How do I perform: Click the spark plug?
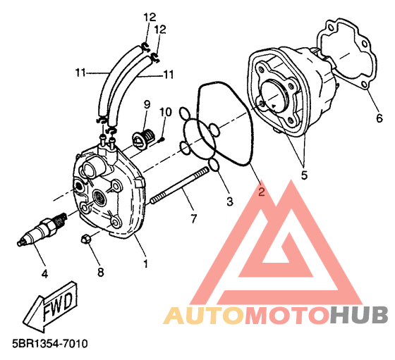(42, 229)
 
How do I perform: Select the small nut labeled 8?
(85, 238)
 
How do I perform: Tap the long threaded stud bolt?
(180, 186)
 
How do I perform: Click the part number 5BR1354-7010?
(50, 344)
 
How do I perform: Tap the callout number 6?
(379, 118)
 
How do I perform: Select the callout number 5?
(304, 175)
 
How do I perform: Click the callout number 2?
(262, 192)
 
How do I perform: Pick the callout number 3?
(230, 201)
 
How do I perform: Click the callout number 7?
(193, 218)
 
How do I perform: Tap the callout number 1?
(145, 263)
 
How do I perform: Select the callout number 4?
(44, 273)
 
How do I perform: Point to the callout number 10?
(165, 112)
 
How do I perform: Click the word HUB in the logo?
(359, 315)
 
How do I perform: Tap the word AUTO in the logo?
(204, 316)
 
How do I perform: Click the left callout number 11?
(81, 73)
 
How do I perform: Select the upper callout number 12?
(150, 18)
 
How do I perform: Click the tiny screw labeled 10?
(162, 139)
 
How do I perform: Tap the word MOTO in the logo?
(288, 315)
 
